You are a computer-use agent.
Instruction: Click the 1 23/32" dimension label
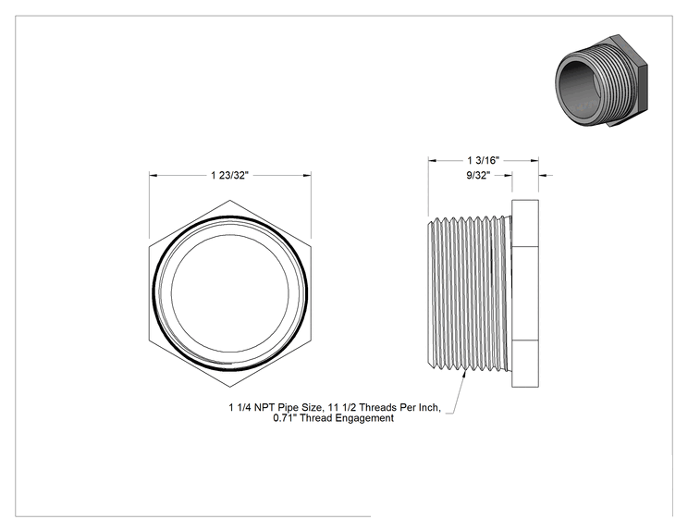[x=229, y=176]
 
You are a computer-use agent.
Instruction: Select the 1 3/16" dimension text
[x=483, y=160]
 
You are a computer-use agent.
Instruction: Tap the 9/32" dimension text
[x=478, y=175]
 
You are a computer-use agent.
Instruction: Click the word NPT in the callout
[x=264, y=407]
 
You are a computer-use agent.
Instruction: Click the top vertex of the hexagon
[x=230, y=201]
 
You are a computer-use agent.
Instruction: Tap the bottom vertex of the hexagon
[x=230, y=387]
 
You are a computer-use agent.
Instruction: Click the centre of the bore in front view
[x=230, y=293]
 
